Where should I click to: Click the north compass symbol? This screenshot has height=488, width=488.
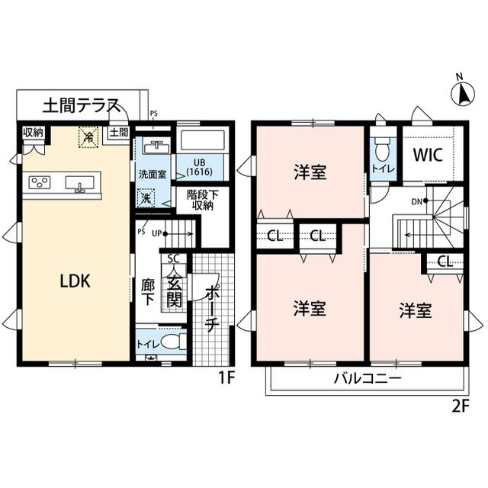(461, 93)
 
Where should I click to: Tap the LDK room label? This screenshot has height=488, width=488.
(75, 281)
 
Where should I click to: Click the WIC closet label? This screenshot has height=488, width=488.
(427, 153)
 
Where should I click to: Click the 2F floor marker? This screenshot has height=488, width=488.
(460, 406)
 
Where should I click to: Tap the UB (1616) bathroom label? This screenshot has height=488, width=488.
(200, 167)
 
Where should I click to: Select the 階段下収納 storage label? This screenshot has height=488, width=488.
(203, 200)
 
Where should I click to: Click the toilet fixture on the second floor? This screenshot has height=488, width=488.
(382, 149)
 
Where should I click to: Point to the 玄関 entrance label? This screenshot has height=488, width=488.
(175, 286)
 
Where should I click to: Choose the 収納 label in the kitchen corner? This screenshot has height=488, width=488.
(34, 133)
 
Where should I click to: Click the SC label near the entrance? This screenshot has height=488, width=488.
(173, 258)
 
